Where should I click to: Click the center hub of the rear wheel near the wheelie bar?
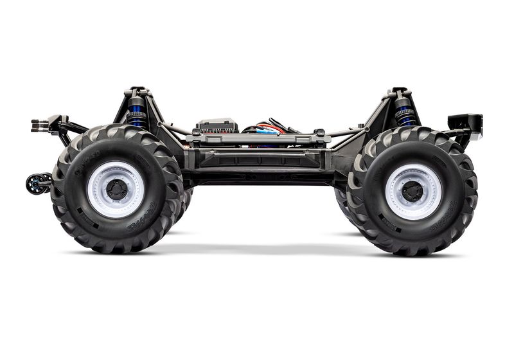coord(116,189)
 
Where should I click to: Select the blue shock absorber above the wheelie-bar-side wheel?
coord(136,113)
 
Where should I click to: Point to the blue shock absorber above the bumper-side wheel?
coord(405,111)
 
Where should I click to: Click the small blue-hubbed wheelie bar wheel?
coord(34,183)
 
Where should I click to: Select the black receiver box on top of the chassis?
coord(217,125)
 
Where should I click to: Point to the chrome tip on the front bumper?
coord(479,134)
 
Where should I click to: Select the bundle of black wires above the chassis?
coord(283,123)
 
